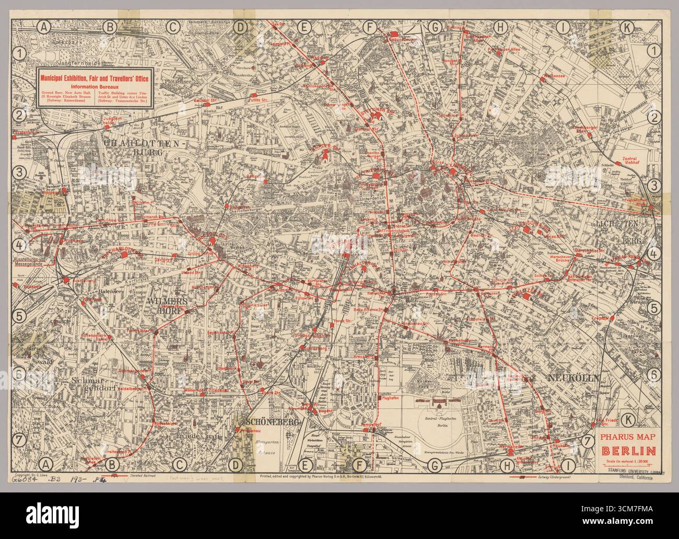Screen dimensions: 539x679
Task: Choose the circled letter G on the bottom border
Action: coord(435,463)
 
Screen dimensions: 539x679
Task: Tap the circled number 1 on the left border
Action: coord(20,52)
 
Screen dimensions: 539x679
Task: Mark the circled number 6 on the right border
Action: coord(653,374)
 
